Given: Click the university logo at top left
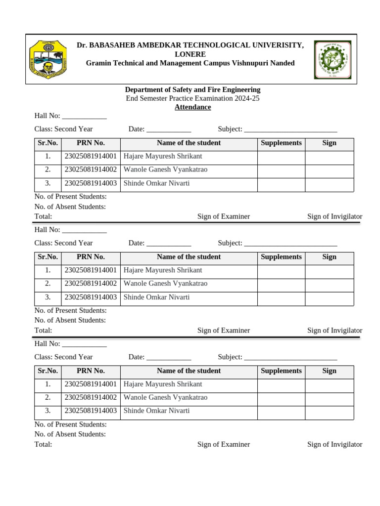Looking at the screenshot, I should pos(48,60).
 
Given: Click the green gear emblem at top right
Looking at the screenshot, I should pos(332,60).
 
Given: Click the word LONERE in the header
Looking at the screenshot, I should pos(190,54).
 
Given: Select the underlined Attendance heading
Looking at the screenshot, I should pos(192,107).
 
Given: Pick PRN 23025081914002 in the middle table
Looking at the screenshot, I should pos(91,284).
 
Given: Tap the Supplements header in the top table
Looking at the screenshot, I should pos(281,143).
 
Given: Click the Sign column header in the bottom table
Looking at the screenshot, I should pos(329,371).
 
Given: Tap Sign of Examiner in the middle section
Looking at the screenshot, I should pos(224,330).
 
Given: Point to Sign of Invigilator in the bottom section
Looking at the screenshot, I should pos(334,444).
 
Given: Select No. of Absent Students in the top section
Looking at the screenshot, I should pos(70,207).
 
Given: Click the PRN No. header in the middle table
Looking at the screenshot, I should pos(91,257).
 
